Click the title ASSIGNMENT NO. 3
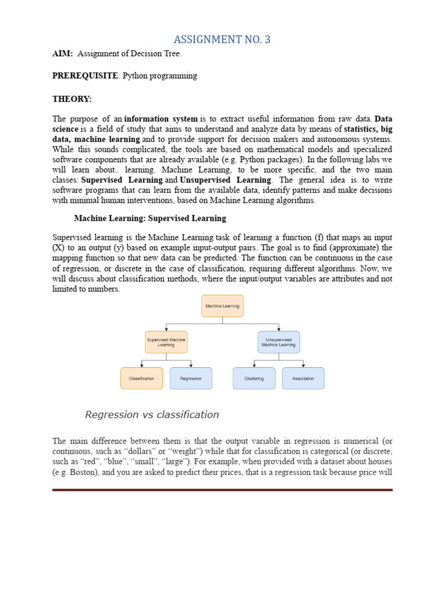(x=222, y=39)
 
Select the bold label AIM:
(x=63, y=54)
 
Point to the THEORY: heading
(x=72, y=99)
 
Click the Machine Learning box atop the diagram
(x=222, y=306)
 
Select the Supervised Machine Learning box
(x=166, y=342)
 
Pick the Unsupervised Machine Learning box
(x=279, y=342)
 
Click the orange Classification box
(x=142, y=378)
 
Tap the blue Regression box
(x=191, y=378)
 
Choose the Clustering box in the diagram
(x=254, y=378)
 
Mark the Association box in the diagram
(x=303, y=378)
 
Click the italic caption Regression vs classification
(x=152, y=415)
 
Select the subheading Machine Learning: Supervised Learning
(x=150, y=218)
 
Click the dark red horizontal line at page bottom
(x=222, y=490)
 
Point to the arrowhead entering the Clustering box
(x=254, y=365)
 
